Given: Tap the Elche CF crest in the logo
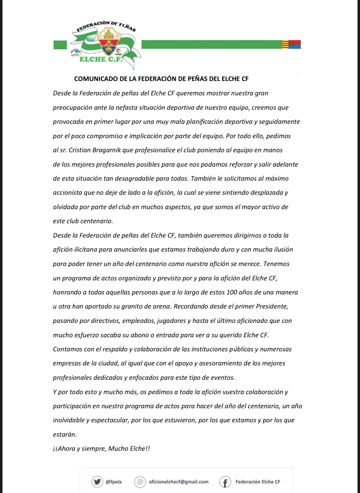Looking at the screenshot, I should pyautogui.click(x=108, y=42).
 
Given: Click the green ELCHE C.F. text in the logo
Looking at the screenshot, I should pyautogui.click(x=101, y=59).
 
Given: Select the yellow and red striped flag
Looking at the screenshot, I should pyautogui.click(x=285, y=45).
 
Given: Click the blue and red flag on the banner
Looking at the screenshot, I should pyautogui.click(x=295, y=45).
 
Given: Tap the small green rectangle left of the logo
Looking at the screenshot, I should pyautogui.click(x=60, y=45).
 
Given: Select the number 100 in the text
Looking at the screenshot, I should pyautogui.click(x=232, y=292).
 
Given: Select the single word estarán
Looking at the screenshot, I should pyautogui.click(x=65, y=434).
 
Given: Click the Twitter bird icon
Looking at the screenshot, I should pyautogui.click(x=97, y=482).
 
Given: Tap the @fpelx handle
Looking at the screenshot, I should pyautogui.click(x=114, y=482).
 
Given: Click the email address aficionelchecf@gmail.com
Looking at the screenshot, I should pyautogui.click(x=178, y=482).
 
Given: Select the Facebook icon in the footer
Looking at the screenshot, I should pyautogui.click(x=225, y=482).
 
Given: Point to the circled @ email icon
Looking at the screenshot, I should pyautogui.click(x=140, y=482).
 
